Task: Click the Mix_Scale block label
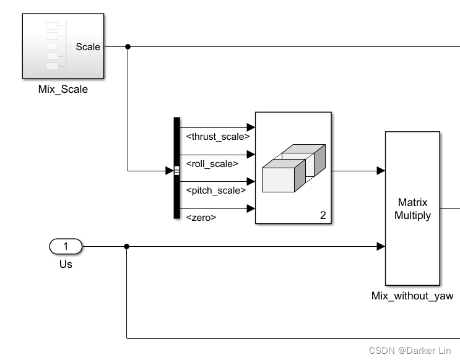pos(63,89)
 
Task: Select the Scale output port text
pos(87,46)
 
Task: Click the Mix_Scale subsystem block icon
pos(63,46)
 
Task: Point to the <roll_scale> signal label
pos(212,164)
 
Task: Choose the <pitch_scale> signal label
pos(214,191)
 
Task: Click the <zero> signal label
pos(201,217)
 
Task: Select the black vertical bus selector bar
pos(176,168)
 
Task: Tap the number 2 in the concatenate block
pos(323,216)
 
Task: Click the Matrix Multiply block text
pos(413,209)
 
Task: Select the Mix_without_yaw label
pos(412,296)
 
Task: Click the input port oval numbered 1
pos(66,247)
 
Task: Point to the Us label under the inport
pos(66,264)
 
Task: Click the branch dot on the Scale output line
pos(128,46)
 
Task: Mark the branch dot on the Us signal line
pos(127,247)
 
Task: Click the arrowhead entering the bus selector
pos(170,171)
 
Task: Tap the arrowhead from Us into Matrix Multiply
pos(380,247)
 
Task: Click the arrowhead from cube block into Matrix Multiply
pos(380,171)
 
